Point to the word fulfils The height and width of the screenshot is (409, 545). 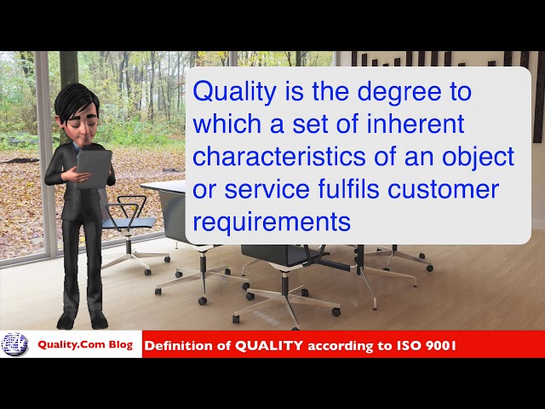364,190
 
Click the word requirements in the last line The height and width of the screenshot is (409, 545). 272,222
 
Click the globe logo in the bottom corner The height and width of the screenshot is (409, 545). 14,344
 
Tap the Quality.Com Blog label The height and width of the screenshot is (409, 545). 84,345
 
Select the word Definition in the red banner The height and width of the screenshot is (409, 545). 180,346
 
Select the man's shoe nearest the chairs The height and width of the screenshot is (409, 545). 99,320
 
